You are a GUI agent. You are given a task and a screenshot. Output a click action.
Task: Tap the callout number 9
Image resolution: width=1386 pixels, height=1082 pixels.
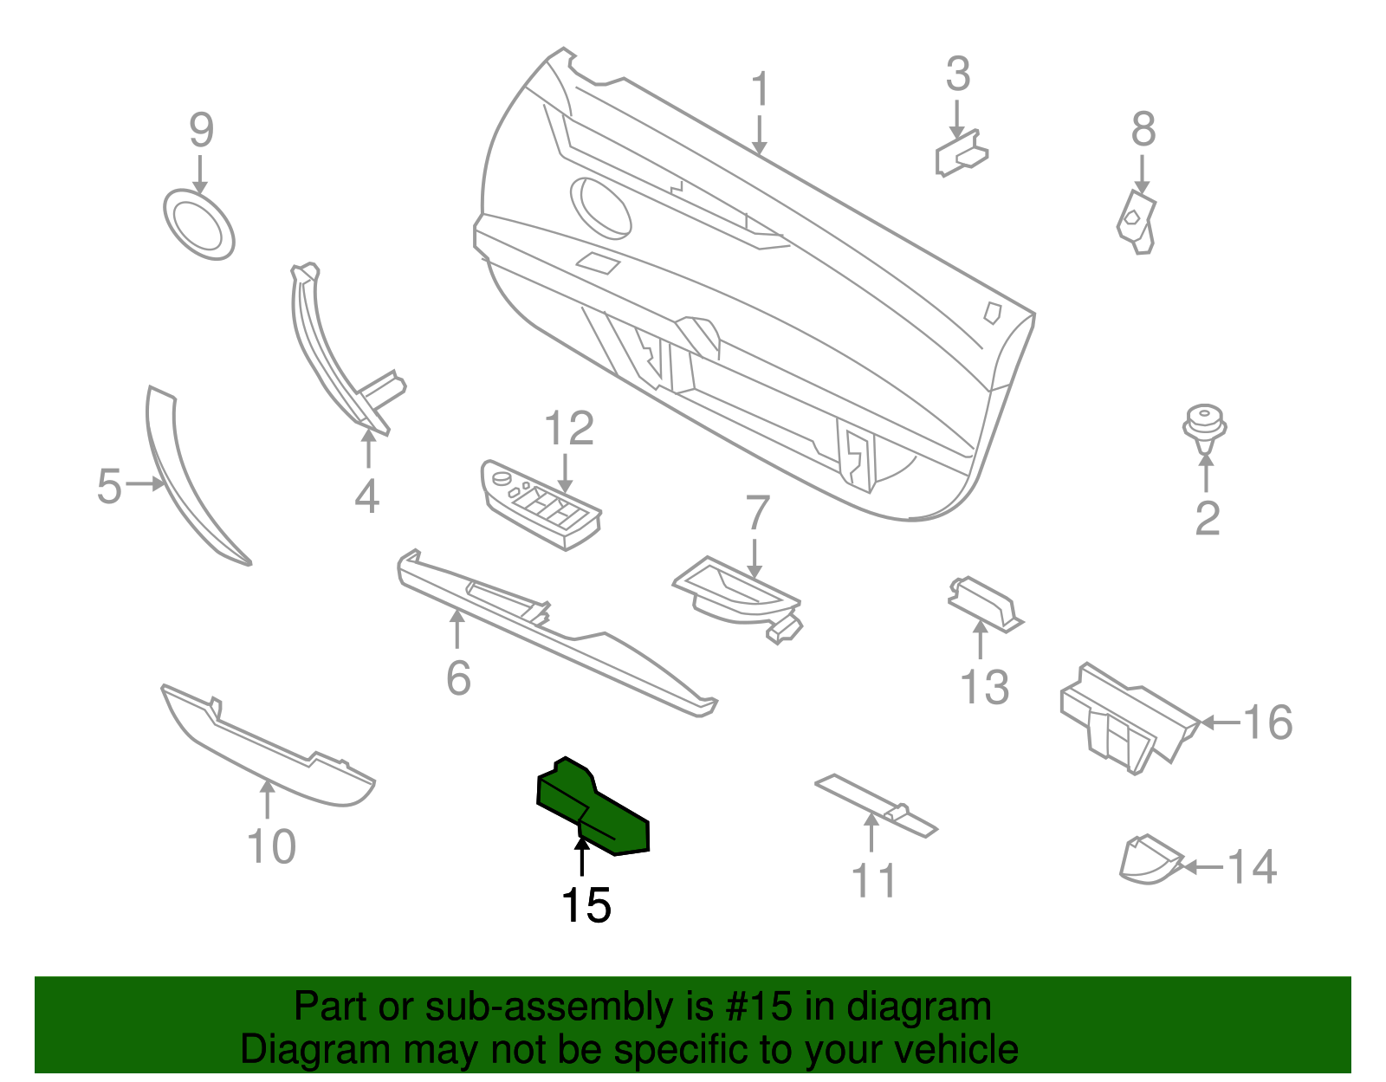tap(202, 130)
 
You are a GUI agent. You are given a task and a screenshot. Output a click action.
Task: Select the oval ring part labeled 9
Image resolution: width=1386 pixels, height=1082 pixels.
tap(199, 224)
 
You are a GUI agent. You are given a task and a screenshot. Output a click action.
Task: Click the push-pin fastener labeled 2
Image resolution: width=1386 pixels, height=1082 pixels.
tap(1204, 429)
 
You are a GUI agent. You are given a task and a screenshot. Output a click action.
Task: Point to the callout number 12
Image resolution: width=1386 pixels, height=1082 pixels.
tap(569, 428)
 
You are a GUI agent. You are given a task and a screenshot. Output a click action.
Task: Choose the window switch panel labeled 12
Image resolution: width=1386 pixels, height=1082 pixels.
tap(541, 504)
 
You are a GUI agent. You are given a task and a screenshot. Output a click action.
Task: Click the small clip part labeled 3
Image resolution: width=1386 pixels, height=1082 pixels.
tap(962, 153)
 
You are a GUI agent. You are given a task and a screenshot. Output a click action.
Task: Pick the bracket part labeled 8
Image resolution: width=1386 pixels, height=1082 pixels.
tap(1137, 222)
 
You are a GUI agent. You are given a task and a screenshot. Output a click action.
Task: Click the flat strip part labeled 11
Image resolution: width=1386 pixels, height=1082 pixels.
tap(876, 806)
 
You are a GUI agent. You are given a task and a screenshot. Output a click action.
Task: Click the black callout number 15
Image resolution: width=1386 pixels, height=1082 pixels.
tap(586, 905)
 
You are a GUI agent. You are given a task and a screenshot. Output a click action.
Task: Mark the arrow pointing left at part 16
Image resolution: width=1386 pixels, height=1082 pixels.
tap(1221, 723)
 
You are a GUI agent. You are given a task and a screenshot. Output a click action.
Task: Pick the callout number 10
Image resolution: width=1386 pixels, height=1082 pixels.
tap(272, 846)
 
